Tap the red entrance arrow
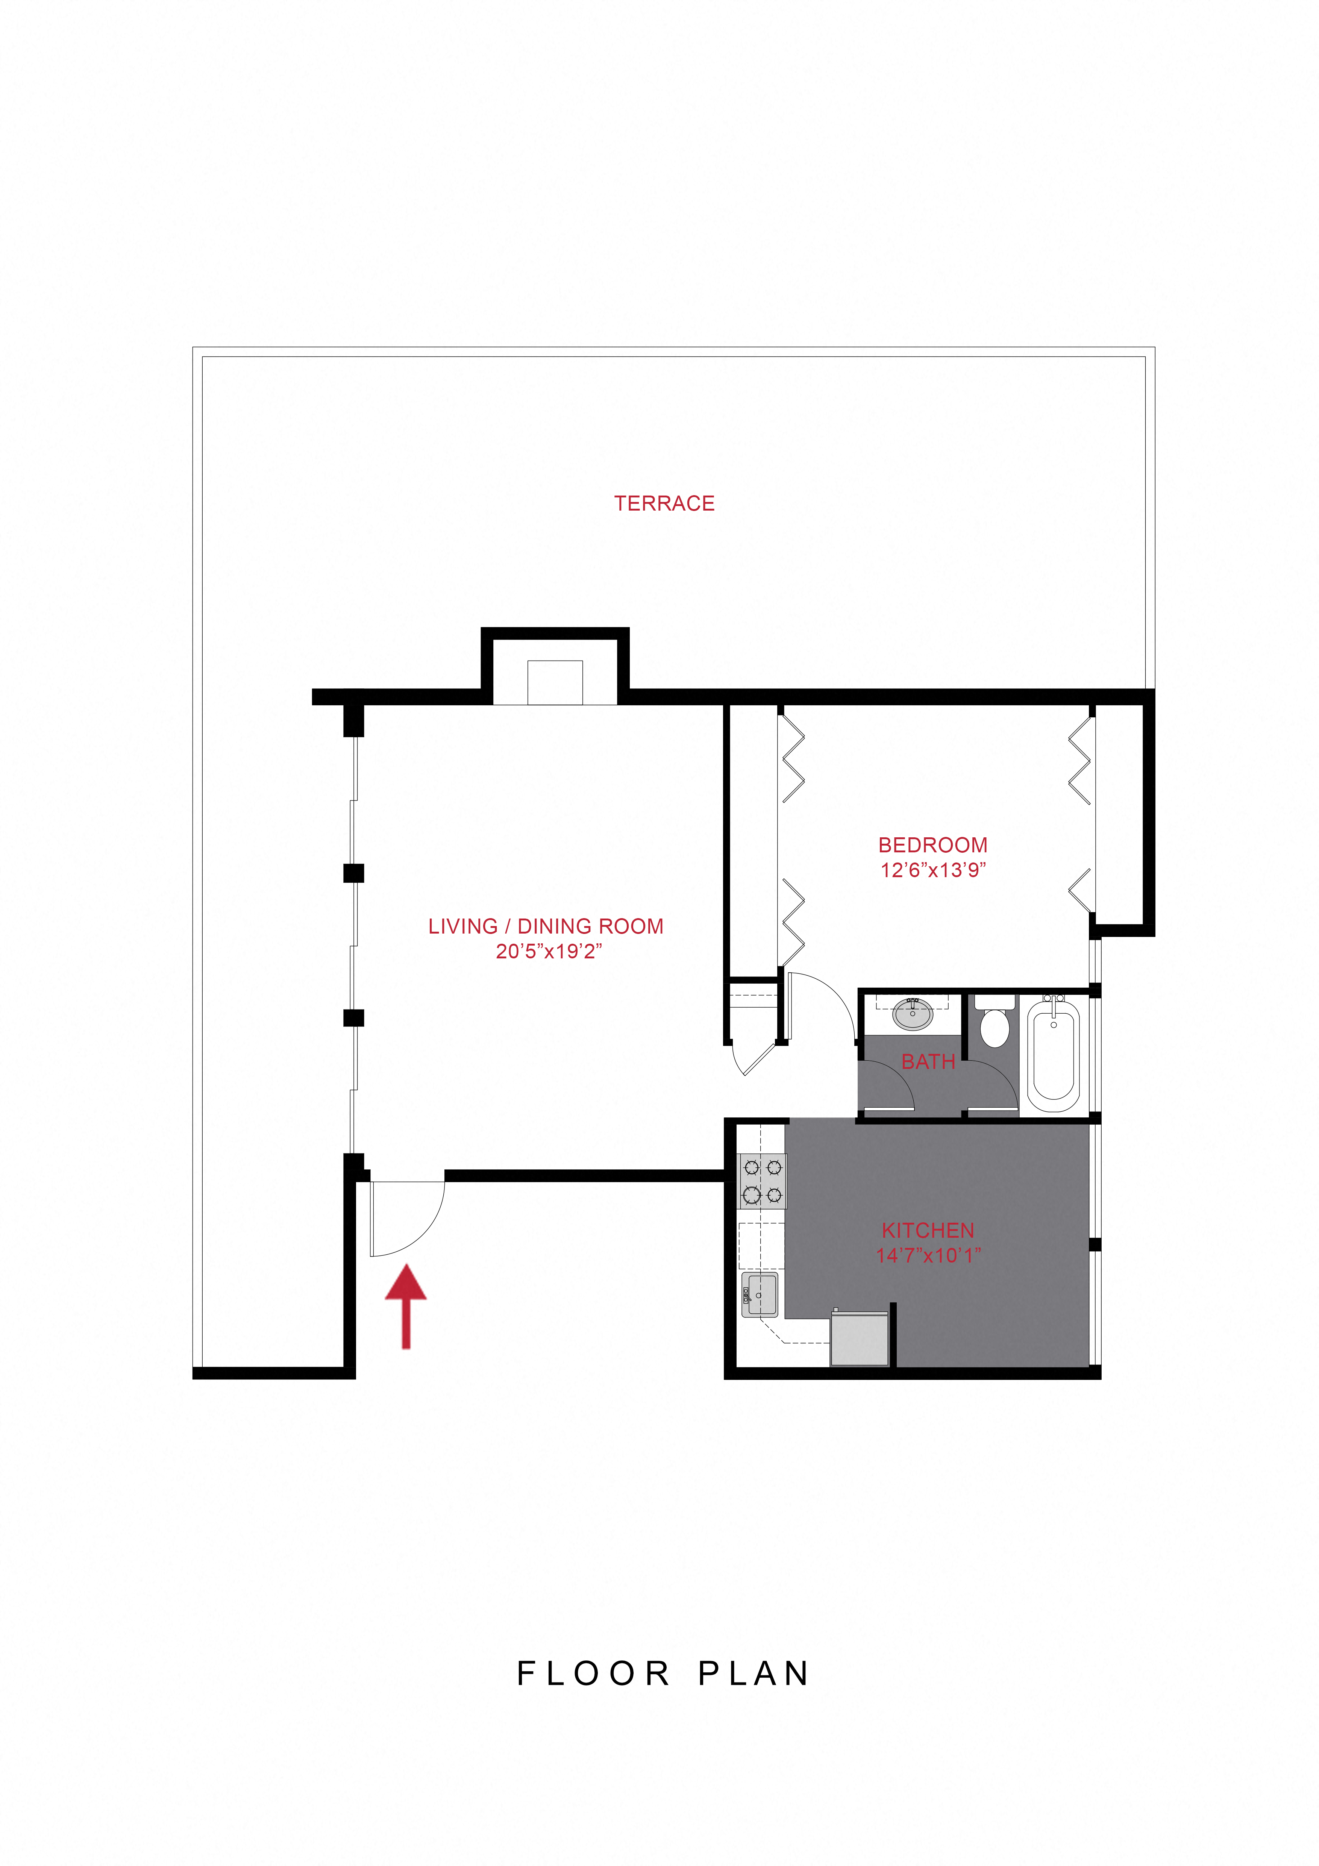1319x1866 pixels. tap(406, 1306)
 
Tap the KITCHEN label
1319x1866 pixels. tap(928, 1231)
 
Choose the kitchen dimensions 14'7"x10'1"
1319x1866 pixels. tap(928, 1256)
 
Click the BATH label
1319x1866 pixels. tap(928, 1061)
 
